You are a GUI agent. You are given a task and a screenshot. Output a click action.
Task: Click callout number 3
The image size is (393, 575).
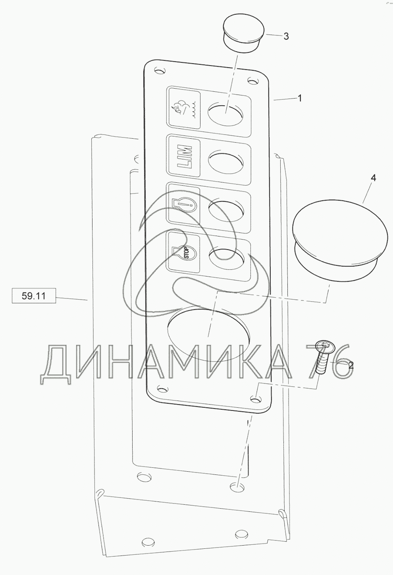tap(286, 37)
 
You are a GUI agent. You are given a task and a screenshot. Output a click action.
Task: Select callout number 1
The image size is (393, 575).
tap(299, 99)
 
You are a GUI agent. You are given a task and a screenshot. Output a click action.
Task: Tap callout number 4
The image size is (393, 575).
tap(373, 178)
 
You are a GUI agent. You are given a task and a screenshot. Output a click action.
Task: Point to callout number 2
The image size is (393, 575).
tap(351, 365)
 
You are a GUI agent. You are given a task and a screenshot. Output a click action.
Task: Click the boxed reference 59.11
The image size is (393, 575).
tap(34, 296)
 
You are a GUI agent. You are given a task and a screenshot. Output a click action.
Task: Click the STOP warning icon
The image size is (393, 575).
tap(184, 252)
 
